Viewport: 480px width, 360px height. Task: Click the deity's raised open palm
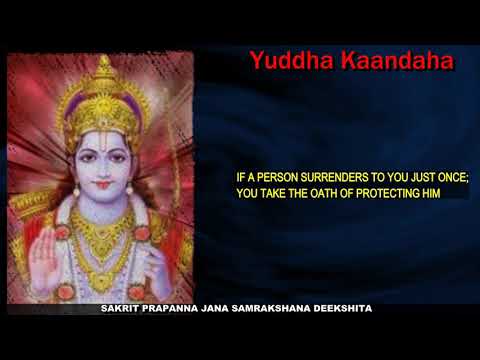coord(45,258)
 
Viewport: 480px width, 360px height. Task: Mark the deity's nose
coord(101,169)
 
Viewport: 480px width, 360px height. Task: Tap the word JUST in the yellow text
coord(413,176)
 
